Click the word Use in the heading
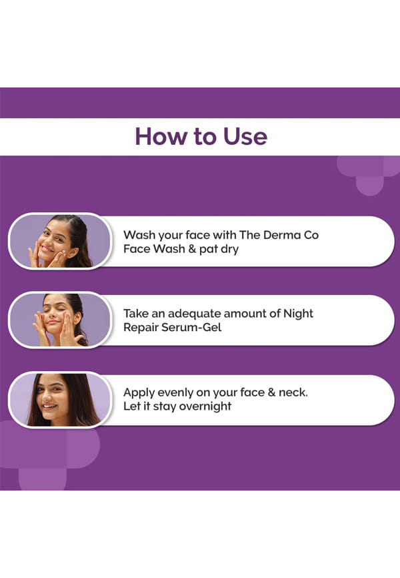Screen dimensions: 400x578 [x=245, y=136]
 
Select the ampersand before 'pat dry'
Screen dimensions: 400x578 [x=191, y=249]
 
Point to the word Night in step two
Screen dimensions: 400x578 [x=298, y=313]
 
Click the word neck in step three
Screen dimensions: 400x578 [x=293, y=392]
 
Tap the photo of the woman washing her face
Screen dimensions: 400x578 [x=60, y=241]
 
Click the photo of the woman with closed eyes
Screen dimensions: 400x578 [x=60, y=320]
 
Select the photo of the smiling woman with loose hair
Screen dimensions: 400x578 [x=60, y=400]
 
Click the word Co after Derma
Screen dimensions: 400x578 [x=311, y=235]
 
